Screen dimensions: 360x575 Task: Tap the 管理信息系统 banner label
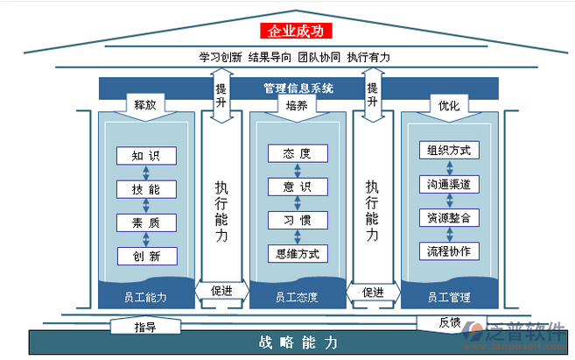pyautogui.click(x=298, y=88)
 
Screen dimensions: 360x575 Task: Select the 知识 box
pyautogui.click(x=145, y=156)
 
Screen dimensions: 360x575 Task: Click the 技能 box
pyautogui.click(x=145, y=189)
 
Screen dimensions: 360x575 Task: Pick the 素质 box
pyautogui.click(x=145, y=222)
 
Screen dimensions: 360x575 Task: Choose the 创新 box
pyautogui.click(x=145, y=256)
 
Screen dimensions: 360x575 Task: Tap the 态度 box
pyautogui.click(x=297, y=153)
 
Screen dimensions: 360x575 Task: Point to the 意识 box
pyautogui.click(x=297, y=187)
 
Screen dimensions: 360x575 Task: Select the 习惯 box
pyautogui.click(x=297, y=220)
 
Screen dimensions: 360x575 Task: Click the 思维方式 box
pyautogui.click(x=297, y=253)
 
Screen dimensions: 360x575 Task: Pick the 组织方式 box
pyautogui.click(x=448, y=150)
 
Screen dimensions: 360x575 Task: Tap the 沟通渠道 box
pyautogui.click(x=448, y=184)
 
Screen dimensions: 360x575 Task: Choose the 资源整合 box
pyautogui.click(x=448, y=217)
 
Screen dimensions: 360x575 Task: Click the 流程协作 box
pyautogui.click(x=448, y=251)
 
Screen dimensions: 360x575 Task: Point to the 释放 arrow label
pyautogui.click(x=145, y=105)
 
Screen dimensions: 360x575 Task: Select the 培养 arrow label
pyautogui.click(x=297, y=105)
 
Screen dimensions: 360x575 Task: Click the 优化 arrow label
pyautogui.click(x=448, y=105)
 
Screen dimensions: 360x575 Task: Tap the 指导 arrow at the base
pyautogui.click(x=144, y=327)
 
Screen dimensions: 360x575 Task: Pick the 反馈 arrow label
pyautogui.click(x=449, y=321)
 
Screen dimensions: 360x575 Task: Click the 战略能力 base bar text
pyautogui.click(x=298, y=342)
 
